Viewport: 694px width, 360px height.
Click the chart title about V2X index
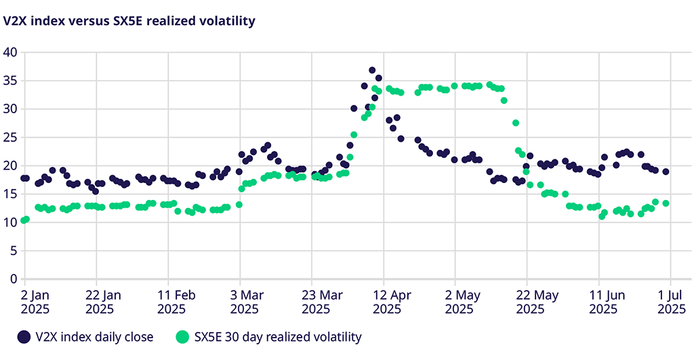tap(129, 21)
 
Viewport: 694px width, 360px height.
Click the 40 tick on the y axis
tap(10, 52)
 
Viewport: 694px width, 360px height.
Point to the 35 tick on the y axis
tap(10, 81)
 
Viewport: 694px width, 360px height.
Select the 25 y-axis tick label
tap(10, 137)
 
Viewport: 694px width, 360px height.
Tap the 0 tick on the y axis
tap(13, 279)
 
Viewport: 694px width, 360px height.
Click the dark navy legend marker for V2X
tap(24, 336)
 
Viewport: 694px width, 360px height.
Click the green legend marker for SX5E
tap(182, 336)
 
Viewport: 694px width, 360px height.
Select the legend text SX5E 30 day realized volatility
tap(278, 336)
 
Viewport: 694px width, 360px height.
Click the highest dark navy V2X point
tap(372, 71)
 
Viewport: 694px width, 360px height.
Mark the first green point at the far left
tap(24, 220)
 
